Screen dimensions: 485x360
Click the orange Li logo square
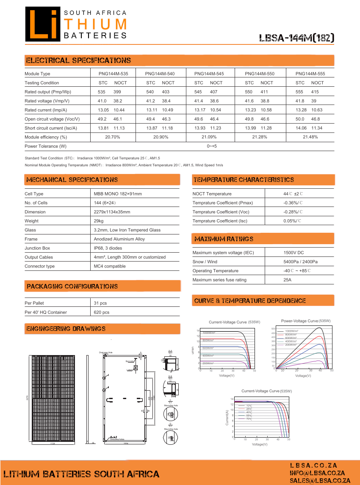point(43,25)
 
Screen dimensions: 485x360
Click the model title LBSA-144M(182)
point(297,38)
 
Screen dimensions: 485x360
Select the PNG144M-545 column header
point(208,74)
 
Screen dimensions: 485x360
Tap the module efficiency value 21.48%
point(310,137)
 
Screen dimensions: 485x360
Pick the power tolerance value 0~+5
point(212,146)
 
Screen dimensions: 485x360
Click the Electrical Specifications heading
point(78,61)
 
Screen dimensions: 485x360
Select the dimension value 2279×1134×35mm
point(112,212)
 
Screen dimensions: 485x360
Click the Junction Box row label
point(37,248)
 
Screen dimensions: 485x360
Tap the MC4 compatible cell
point(110,266)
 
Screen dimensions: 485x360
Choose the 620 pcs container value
point(102,312)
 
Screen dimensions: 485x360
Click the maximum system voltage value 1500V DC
point(294,253)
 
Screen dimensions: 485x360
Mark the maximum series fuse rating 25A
point(288,280)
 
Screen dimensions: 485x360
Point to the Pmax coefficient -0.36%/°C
point(293,203)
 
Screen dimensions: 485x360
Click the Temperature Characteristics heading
point(244,180)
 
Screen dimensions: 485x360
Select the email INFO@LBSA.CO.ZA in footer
point(317,473)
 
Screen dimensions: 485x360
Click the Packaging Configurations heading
point(72,287)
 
